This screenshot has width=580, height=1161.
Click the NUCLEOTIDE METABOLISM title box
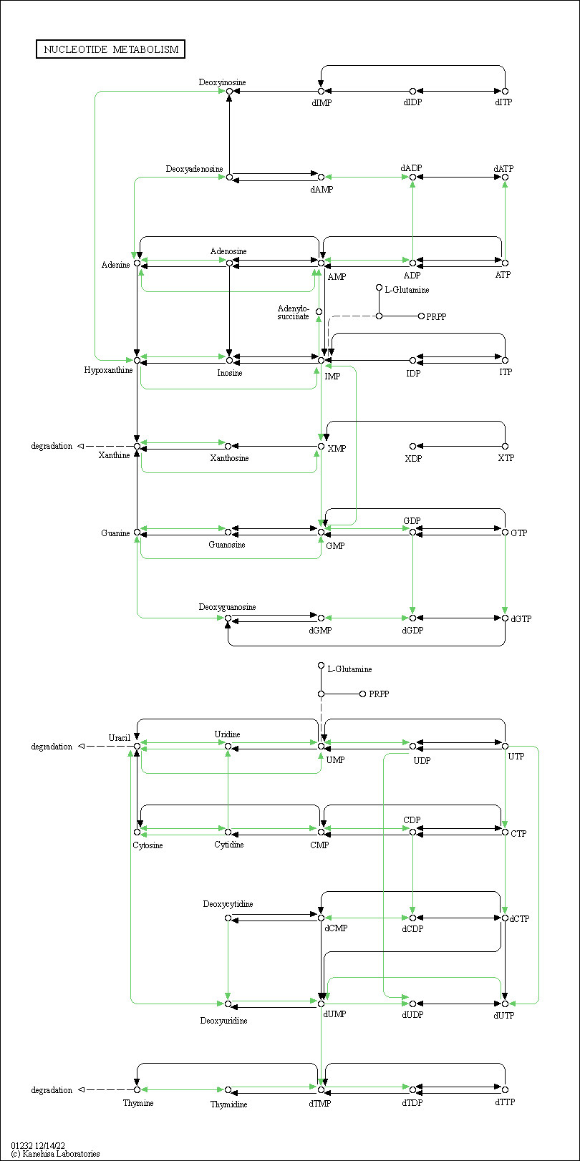[x=110, y=49]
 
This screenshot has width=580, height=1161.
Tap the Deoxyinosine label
[x=222, y=82]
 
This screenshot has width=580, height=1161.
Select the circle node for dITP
[x=505, y=91]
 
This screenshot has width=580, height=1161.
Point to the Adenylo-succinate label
[x=294, y=313]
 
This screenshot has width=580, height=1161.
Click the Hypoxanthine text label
[x=108, y=370]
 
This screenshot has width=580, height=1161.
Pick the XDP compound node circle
[x=412, y=446]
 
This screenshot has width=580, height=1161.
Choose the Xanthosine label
[x=229, y=458]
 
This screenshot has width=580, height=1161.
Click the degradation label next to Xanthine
[x=52, y=446]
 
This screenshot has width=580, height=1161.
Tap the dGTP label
[x=521, y=619]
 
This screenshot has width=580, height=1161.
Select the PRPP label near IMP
[x=436, y=316]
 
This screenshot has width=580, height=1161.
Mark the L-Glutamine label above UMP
[x=349, y=669]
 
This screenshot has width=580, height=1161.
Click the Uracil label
[x=119, y=737]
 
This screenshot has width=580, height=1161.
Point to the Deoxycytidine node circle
[x=228, y=918]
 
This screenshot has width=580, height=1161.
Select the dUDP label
[x=412, y=1015]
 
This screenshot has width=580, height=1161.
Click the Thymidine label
[x=228, y=1104]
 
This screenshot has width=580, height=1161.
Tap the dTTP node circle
[x=505, y=1089]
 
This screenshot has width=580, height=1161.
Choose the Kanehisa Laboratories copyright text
[x=55, y=1154]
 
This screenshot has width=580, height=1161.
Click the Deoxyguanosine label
[x=227, y=607]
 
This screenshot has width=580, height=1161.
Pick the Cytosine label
[x=148, y=845]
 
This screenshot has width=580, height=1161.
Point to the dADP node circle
[x=412, y=177]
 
